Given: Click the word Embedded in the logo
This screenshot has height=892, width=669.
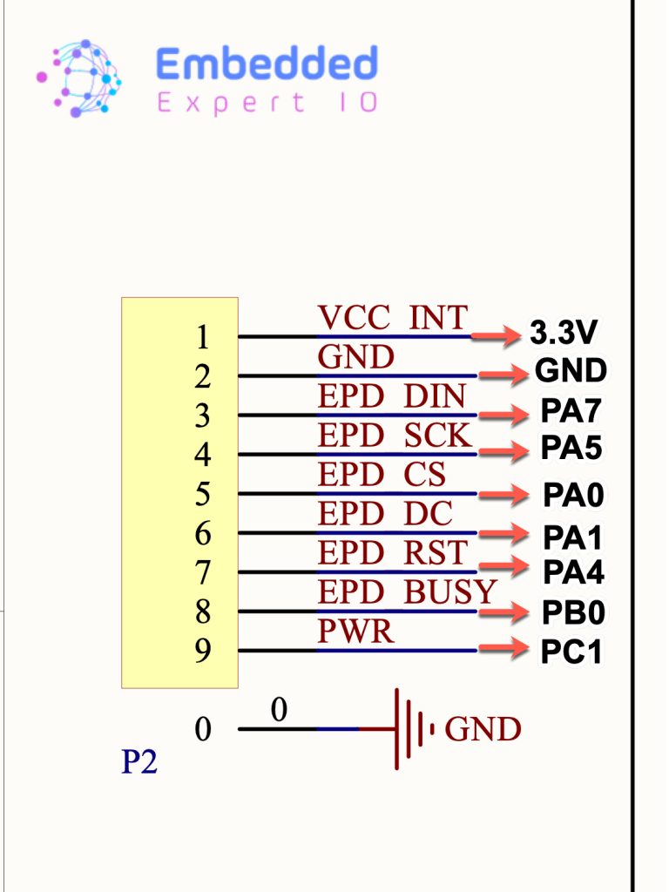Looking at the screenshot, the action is (267, 63).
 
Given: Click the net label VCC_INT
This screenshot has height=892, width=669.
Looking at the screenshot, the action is (393, 317).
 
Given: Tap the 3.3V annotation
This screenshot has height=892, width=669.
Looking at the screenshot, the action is (564, 332).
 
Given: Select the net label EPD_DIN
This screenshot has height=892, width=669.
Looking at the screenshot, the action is (391, 396).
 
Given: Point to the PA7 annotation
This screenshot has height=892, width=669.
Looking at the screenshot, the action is (571, 411).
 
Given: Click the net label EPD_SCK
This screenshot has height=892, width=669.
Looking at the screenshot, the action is (395, 436).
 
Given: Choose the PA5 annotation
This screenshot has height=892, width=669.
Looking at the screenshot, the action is (571, 448).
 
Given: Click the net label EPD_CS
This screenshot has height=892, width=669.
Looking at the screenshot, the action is (382, 475).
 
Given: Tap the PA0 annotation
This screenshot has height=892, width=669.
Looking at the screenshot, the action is (573, 495).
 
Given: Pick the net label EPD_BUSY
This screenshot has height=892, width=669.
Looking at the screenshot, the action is (408, 591).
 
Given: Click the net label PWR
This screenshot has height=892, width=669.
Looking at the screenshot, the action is (355, 631).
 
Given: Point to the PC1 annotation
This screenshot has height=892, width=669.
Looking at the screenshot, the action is (571, 652).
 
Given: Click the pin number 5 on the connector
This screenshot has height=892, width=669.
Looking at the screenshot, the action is (202, 494).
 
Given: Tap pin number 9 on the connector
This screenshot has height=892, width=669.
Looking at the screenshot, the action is (202, 650).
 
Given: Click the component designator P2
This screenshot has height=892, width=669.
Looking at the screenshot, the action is (139, 761).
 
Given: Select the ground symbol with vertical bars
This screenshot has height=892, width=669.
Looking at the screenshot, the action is (414, 729).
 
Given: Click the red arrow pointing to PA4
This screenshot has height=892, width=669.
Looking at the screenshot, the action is (503, 566).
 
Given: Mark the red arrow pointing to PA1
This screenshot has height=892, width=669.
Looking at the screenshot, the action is (503, 533).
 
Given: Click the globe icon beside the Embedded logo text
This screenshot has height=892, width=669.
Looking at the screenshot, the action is (79, 78).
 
